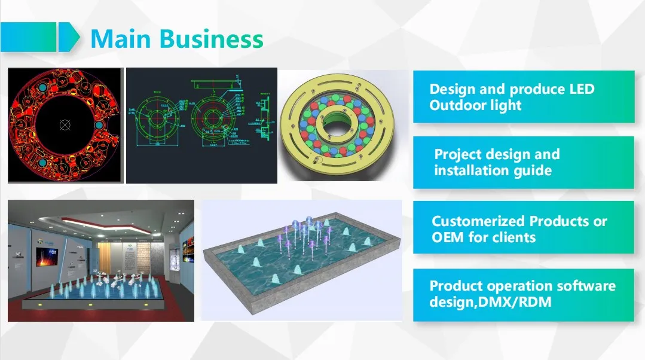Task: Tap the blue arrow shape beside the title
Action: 69,36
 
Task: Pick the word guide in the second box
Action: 531,171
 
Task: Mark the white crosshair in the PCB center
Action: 65,124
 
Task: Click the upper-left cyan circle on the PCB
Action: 43,88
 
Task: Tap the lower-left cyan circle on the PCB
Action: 44,162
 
